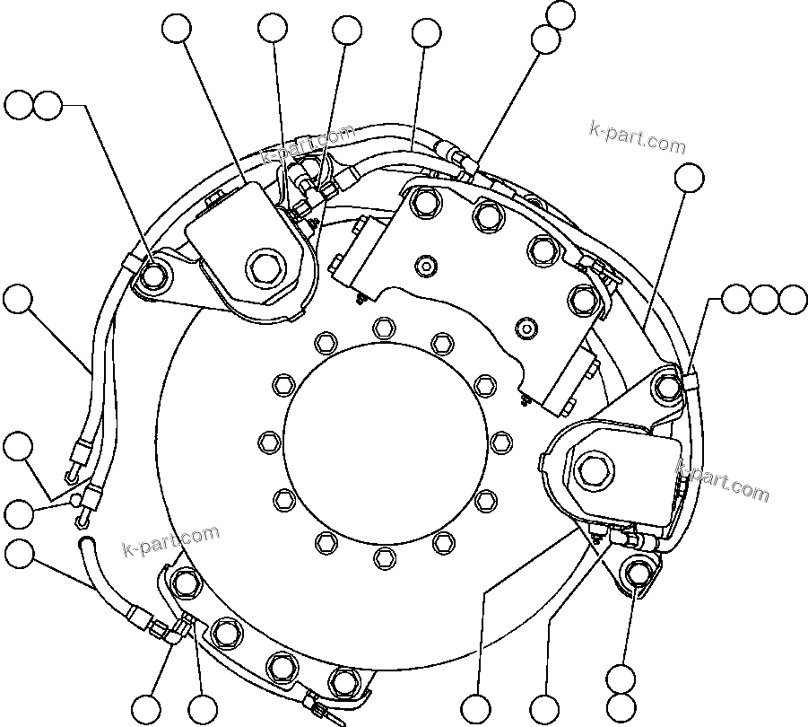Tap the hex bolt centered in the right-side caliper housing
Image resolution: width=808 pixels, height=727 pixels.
[593, 466]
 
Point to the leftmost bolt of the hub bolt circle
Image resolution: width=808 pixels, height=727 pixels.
[266, 442]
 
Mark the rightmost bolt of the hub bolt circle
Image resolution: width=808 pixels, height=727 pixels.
[500, 442]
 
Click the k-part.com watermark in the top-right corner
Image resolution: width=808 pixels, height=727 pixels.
[637, 137]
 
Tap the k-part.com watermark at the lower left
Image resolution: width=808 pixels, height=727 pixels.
[170, 540]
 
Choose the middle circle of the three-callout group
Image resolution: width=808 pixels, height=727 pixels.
[765, 299]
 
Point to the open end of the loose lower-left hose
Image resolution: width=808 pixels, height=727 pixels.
[86, 542]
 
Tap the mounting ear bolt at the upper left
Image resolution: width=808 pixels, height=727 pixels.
[153, 273]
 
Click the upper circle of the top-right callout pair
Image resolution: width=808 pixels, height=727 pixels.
[560, 13]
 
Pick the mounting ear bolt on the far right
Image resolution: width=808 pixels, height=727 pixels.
[666, 386]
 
